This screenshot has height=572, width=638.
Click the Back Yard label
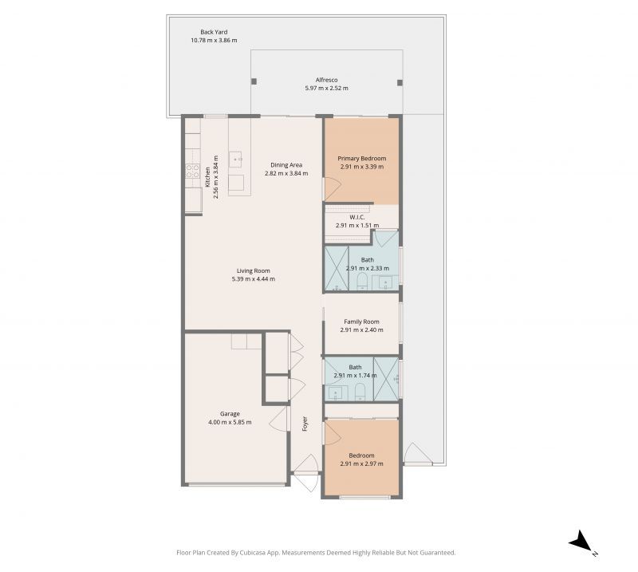[x=214, y=32]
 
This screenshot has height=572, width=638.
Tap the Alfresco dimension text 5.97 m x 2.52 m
[x=326, y=88]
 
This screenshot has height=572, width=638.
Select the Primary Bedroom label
[x=361, y=159]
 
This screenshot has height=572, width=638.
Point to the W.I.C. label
[x=357, y=217]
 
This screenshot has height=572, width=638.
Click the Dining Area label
[x=286, y=165]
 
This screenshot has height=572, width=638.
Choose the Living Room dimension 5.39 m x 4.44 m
[x=253, y=278]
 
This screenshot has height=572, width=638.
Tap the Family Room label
[x=361, y=322]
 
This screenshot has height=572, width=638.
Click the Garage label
[x=230, y=413]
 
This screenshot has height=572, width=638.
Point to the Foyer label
[x=305, y=424]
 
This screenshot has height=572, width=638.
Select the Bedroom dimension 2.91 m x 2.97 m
[x=361, y=464]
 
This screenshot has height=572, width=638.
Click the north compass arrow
[x=580, y=542]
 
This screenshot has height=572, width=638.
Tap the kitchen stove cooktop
[x=192, y=171]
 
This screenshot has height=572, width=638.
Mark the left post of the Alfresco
[x=254, y=81]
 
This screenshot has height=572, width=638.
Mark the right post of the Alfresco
[x=400, y=81]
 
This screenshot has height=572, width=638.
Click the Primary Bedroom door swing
[x=332, y=188]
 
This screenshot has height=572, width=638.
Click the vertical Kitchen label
[x=207, y=176]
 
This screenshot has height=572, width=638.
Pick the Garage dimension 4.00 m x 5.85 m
[x=230, y=422]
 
